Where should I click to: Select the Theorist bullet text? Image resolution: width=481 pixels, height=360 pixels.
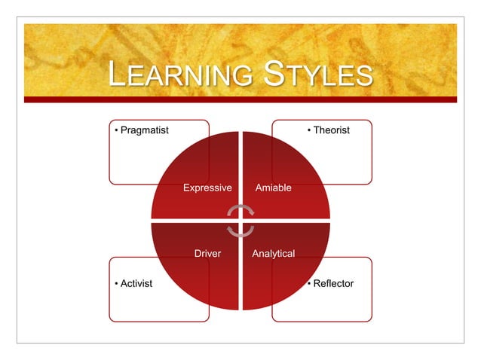[332, 130]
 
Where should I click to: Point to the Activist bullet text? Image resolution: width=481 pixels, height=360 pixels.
[136, 283]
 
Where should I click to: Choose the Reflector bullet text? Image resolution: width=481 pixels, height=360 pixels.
[333, 283]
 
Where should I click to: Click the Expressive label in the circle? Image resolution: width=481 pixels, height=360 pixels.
[207, 187]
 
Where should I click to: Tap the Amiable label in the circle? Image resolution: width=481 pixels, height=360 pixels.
[274, 187]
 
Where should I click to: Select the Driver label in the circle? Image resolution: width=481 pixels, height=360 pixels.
[207, 254]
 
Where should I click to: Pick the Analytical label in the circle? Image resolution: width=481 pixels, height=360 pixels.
[273, 254]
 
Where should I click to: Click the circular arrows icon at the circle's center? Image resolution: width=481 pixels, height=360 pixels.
[240, 220]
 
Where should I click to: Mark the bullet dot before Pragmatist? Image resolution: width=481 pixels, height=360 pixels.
[115, 130]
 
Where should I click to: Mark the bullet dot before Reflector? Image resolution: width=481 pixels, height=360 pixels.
[308, 283]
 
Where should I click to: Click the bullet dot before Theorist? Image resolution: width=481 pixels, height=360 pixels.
[308, 130]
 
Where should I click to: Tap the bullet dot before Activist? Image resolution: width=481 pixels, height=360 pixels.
[115, 283]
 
